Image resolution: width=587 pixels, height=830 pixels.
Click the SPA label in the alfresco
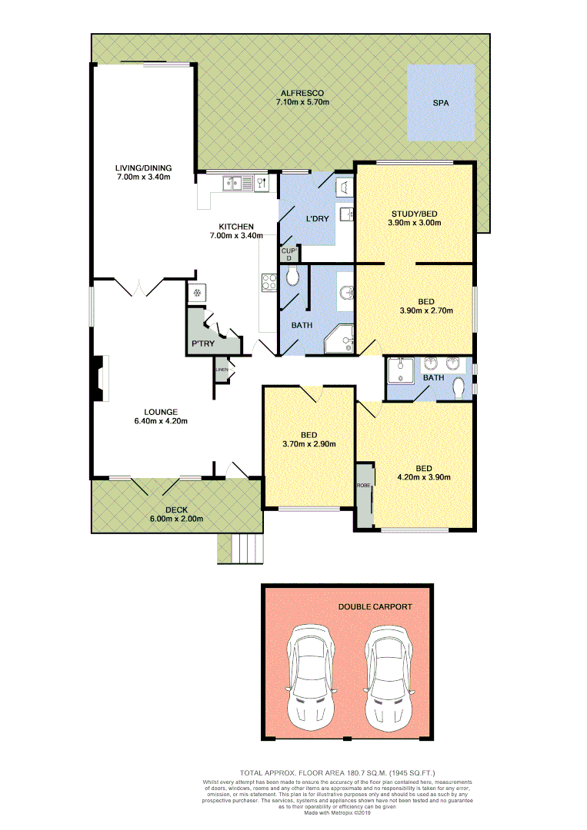click(440, 102)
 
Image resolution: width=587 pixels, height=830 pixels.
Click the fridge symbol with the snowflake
click(197, 293)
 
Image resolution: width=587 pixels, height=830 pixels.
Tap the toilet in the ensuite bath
click(459, 388)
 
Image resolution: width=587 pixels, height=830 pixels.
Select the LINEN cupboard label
click(222, 370)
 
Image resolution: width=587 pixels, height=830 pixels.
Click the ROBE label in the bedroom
click(362, 486)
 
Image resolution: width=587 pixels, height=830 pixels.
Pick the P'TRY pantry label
click(202, 343)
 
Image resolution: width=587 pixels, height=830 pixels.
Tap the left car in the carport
click(309, 679)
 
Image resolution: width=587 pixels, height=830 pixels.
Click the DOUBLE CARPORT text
click(375, 606)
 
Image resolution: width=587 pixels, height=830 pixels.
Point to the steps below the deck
click(246, 548)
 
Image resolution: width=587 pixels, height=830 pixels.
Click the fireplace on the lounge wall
click(98, 378)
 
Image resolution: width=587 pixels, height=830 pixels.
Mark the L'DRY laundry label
click(317, 219)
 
